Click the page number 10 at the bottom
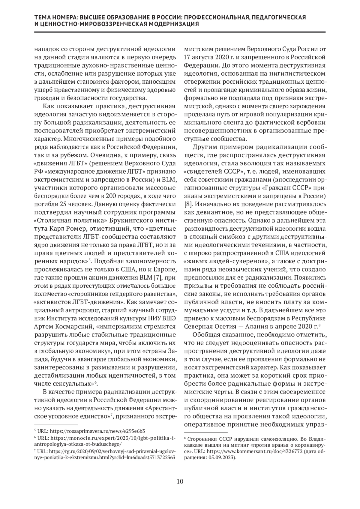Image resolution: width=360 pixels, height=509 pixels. point(180,482)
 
